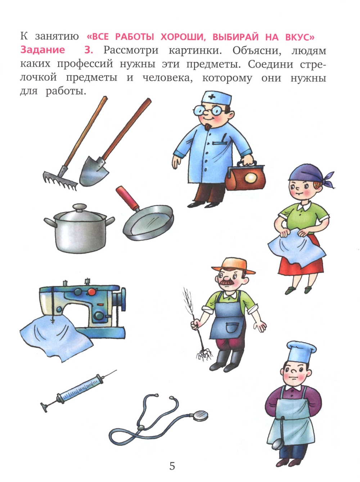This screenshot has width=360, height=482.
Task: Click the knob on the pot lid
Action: tap(80, 207)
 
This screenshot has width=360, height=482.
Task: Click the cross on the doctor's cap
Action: tap(211, 97)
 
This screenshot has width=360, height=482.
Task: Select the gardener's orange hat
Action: tap(233, 266)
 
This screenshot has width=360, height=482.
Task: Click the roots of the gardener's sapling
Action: tap(204, 354)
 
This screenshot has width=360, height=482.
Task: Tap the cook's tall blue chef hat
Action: tap(301, 352)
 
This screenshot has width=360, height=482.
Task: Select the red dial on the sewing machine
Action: tap(92, 291)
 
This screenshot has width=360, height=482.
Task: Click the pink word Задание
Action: tap(42, 50)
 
